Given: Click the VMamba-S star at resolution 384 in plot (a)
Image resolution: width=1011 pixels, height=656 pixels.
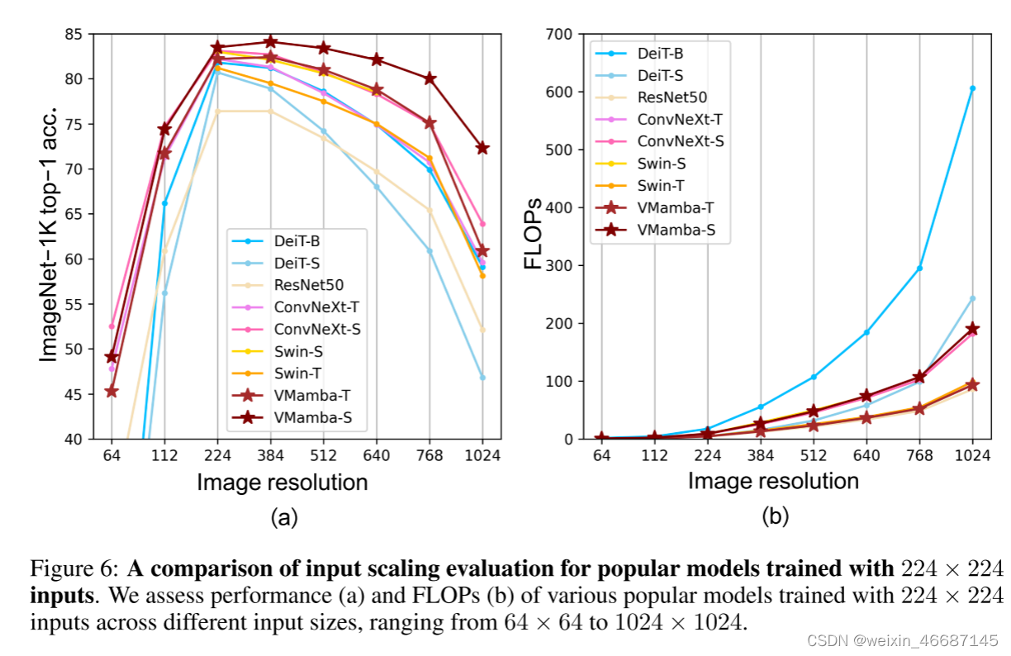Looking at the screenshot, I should (270, 41).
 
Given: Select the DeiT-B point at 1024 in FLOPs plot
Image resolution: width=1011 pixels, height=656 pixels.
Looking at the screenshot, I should (972, 88).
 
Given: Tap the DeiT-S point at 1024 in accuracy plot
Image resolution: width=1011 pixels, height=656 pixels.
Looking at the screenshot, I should (482, 377).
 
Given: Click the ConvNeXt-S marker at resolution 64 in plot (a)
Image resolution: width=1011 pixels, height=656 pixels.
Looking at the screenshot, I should (112, 326).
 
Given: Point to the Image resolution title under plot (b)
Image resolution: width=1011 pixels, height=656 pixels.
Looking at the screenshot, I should (773, 481).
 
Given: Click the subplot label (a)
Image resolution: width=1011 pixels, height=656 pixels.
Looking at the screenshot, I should (284, 518).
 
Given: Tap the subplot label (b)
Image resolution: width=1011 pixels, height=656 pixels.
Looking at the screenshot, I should (775, 518).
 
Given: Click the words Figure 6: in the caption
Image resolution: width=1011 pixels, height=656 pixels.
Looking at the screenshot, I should (76, 569).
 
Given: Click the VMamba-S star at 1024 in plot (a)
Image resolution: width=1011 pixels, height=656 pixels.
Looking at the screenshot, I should (482, 148).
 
